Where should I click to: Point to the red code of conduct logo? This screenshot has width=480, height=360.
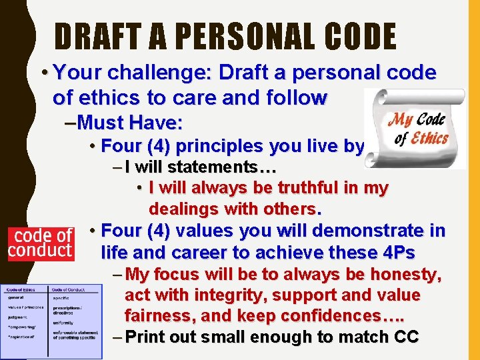coord(40,243)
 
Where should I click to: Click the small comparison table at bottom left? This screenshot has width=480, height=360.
coord(51,320)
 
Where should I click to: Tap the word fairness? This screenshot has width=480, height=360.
coord(157,315)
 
